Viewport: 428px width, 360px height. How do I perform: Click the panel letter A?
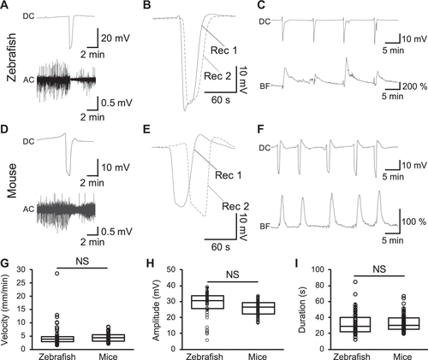click(x=4, y=5)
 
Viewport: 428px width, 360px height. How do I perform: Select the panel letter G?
click(x=4, y=264)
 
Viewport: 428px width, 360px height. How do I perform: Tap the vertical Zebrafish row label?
click(x=11, y=58)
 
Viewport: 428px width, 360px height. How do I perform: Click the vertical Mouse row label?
click(x=11, y=180)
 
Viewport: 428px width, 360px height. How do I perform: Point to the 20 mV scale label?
click(x=116, y=38)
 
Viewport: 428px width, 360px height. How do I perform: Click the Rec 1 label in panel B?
click(x=224, y=50)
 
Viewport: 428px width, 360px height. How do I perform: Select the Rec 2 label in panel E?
click(x=235, y=206)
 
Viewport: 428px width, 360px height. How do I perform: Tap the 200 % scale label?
click(x=415, y=86)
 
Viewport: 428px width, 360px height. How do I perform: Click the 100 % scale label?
click(x=414, y=221)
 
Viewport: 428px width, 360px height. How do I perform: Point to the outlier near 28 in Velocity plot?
click(x=56, y=274)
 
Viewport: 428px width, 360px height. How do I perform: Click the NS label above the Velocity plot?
click(x=82, y=261)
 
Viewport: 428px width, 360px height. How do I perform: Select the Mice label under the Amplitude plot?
click(x=258, y=357)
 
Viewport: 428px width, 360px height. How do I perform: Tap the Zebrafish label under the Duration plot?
click(x=352, y=357)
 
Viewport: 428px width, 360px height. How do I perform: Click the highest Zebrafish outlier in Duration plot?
click(x=355, y=282)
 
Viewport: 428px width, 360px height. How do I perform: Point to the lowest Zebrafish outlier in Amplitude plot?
click(x=207, y=339)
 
